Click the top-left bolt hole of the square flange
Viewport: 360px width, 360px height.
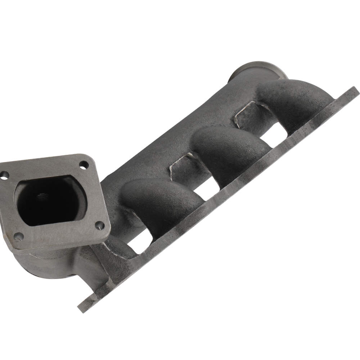pos(4,175)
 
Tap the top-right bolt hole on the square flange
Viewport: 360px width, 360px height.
pos(83,165)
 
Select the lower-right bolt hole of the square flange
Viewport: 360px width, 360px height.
pos(100,225)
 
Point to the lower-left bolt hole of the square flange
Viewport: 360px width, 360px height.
pos(18,237)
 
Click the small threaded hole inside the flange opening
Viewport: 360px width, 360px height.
pos(42,198)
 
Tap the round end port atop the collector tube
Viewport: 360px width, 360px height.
pos(258,71)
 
